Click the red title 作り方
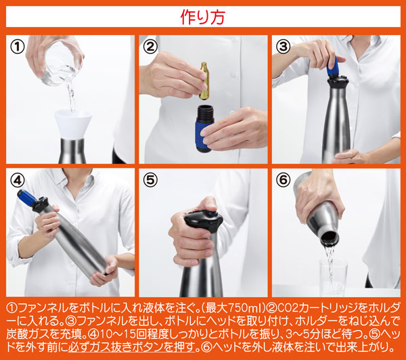203,17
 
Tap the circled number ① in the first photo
18,47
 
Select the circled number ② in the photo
150,47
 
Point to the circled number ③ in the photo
284,47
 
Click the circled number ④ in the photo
18,180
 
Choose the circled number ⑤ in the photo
150,180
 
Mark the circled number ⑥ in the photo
284,180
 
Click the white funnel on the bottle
73,125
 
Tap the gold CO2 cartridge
204,81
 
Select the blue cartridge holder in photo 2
204,129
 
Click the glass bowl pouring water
62,63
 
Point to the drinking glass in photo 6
333,277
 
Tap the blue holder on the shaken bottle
27,197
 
